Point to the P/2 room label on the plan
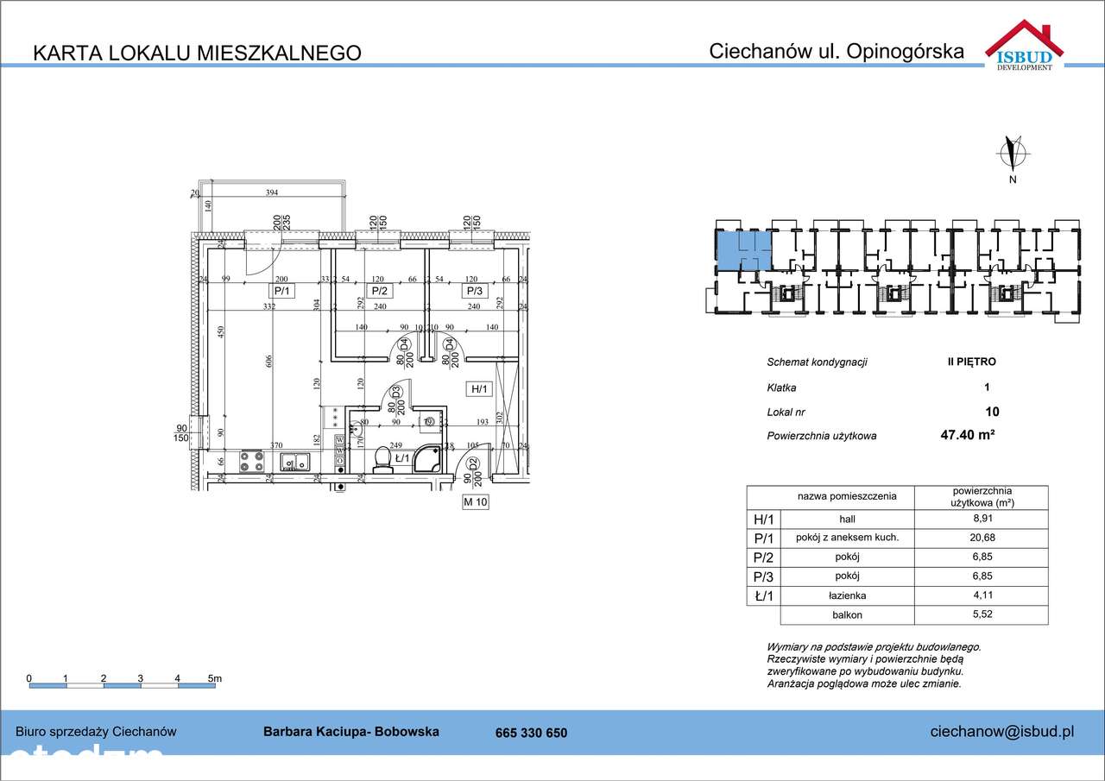click(379, 292)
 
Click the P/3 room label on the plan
click(474, 292)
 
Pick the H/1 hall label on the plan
click(479, 389)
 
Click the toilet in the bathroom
click(382, 459)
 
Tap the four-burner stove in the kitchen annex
click(251, 461)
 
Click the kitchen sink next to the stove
click(296, 462)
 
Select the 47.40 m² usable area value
click(967, 436)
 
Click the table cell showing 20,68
click(981, 538)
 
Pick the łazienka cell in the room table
click(847, 595)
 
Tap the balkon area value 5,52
click(981, 615)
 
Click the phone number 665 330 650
click(531, 733)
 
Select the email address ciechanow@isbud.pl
click(1001, 732)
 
